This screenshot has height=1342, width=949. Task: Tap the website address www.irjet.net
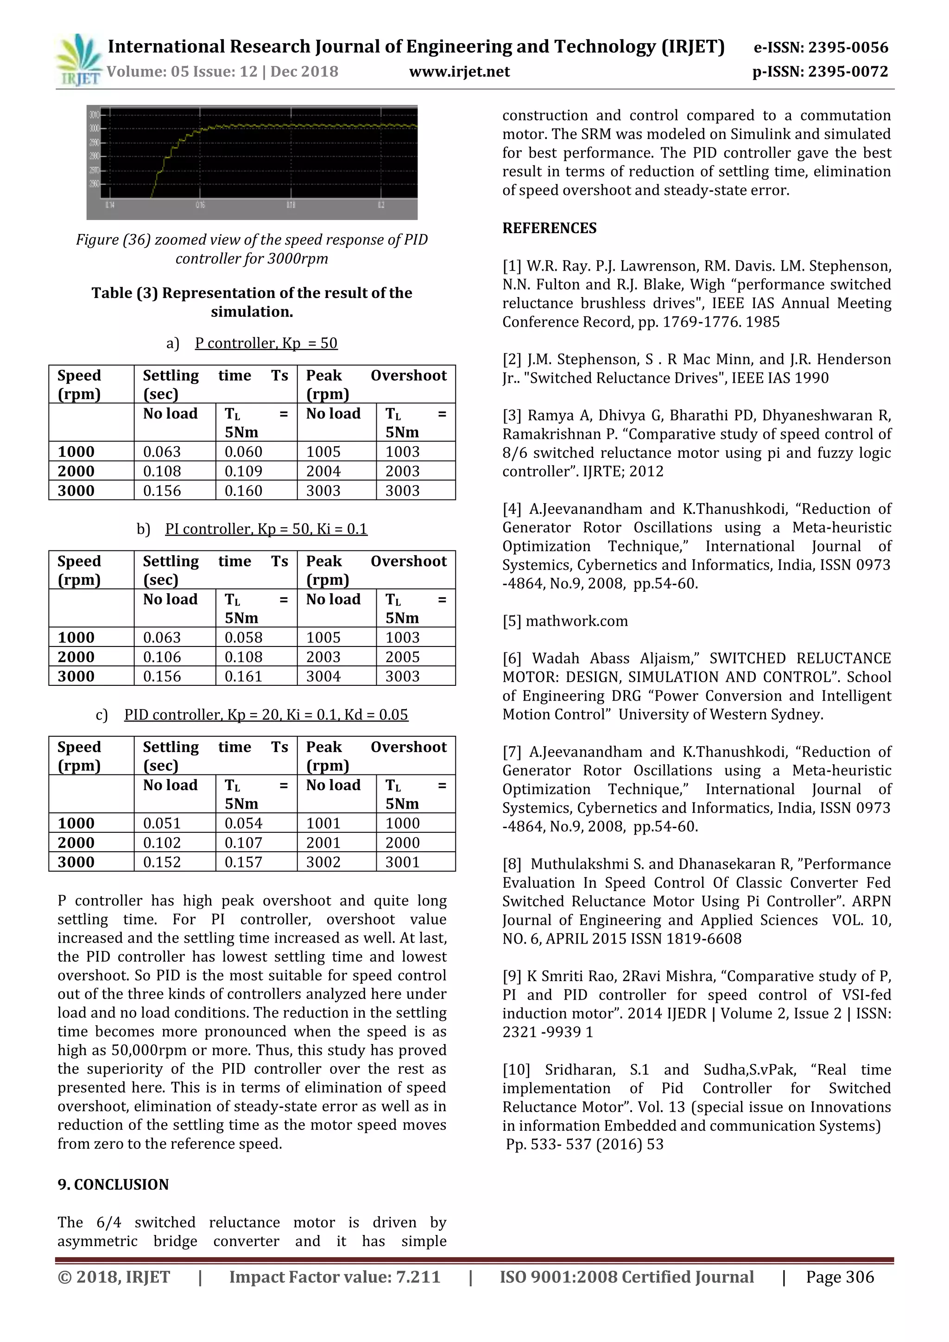459,72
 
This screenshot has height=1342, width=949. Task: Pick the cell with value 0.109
244,471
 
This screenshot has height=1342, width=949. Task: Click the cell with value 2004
323,471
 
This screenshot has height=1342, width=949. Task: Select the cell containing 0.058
244,637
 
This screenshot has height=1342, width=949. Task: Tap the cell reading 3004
323,676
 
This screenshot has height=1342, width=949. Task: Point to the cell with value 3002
323,862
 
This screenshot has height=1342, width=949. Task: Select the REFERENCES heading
549,228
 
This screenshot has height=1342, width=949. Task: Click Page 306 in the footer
840,1277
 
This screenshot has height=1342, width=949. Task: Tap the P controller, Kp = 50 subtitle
266,343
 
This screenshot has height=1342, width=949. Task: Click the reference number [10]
516,1070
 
